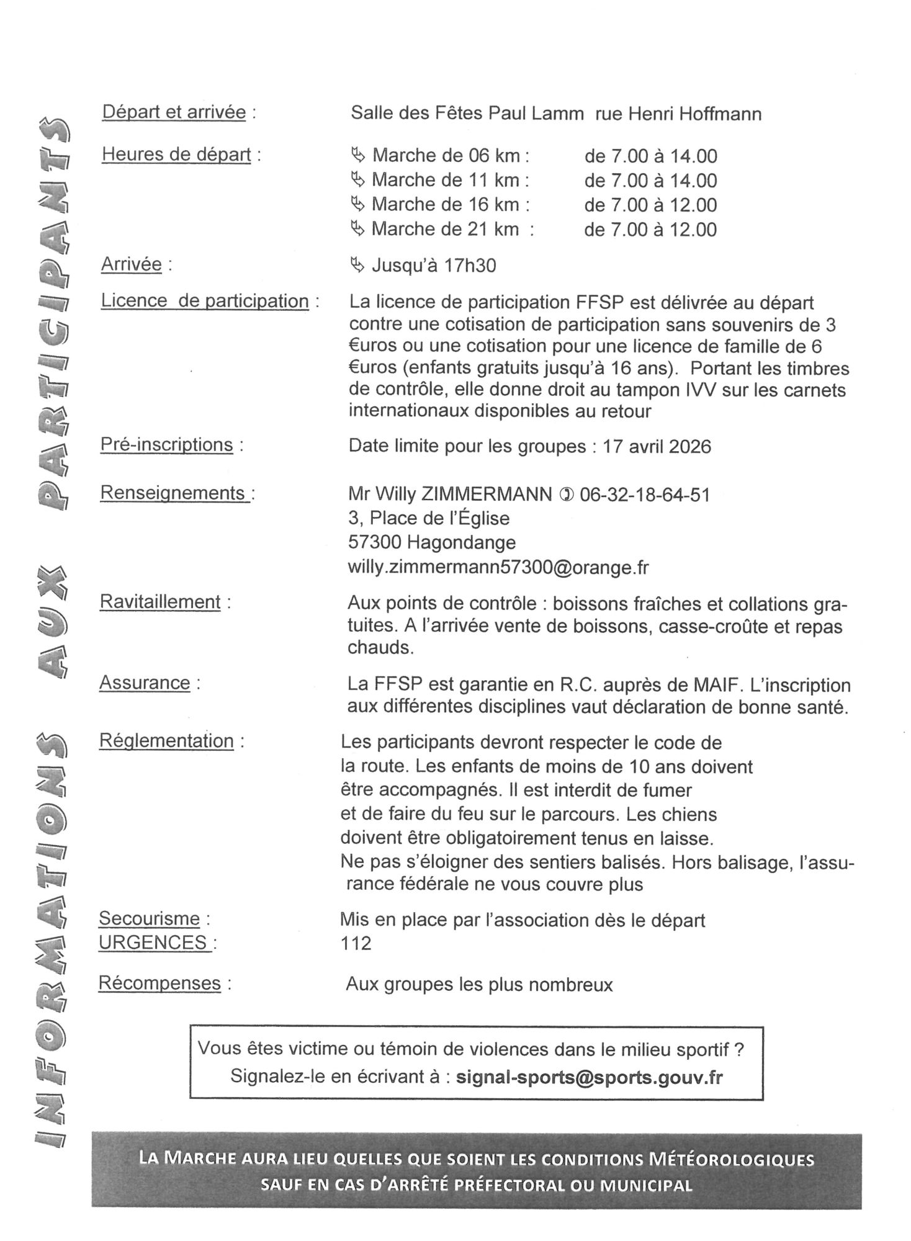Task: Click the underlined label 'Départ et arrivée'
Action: (174, 114)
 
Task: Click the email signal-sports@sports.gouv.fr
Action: (589, 1077)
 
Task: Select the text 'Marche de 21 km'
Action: (445, 230)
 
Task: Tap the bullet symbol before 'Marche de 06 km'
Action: (358, 155)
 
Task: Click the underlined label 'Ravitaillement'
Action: (160, 603)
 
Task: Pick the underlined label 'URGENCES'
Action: (153, 943)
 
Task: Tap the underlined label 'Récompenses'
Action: (159, 983)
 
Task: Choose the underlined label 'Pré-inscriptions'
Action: (166, 445)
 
